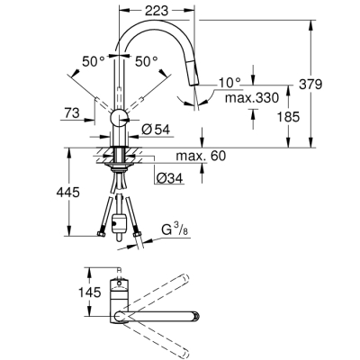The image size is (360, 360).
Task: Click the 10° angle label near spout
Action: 229,83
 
